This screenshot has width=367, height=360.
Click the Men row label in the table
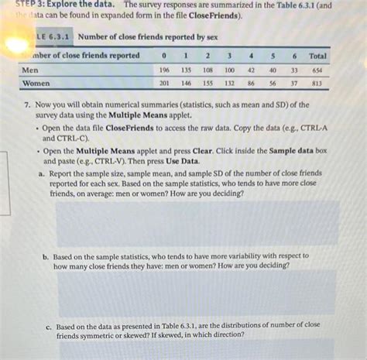[x=30, y=69]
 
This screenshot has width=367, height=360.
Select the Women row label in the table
[x=36, y=82]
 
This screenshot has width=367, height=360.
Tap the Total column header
[x=318, y=56]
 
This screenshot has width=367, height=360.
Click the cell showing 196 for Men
[x=163, y=69]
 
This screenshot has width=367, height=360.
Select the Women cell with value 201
[x=163, y=82]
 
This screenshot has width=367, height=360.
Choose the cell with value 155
[x=208, y=82]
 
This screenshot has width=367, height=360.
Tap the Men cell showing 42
[x=252, y=69]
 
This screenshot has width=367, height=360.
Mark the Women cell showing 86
[x=252, y=82]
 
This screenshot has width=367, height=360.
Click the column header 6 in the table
[x=295, y=56]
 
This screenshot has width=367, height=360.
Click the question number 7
[x=27, y=104]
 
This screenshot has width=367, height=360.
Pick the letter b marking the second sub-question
[x=46, y=255]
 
